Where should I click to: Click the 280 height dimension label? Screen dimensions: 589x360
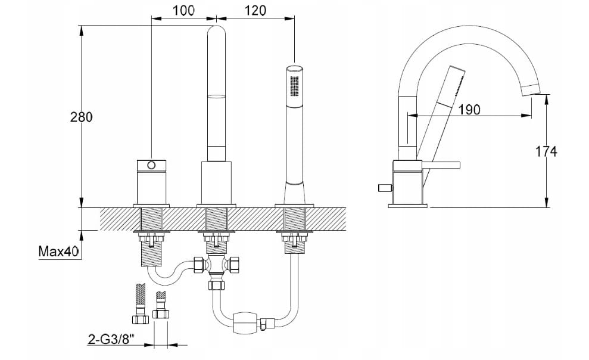pyautogui.click(x=81, y=117)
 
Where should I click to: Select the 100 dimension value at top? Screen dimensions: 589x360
pyautogui.click(x=183, y=11)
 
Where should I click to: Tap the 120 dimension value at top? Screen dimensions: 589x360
pyautogui.click(x=255, y=11)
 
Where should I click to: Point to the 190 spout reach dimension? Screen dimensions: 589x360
pyautogui.click(x=469, y=109)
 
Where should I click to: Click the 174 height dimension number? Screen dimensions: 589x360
pyautogui.click(x=546, y=151)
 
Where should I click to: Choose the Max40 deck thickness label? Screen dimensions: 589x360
pyautogui.click(x=58, y=252)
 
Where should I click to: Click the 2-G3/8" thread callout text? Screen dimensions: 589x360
pyautogui.click(x=111, y=340)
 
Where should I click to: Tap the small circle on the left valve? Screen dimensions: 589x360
pyautogui.click(x=151, y=165)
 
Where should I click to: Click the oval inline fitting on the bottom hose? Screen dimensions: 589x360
pyautogui.click(x=245, y=322)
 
